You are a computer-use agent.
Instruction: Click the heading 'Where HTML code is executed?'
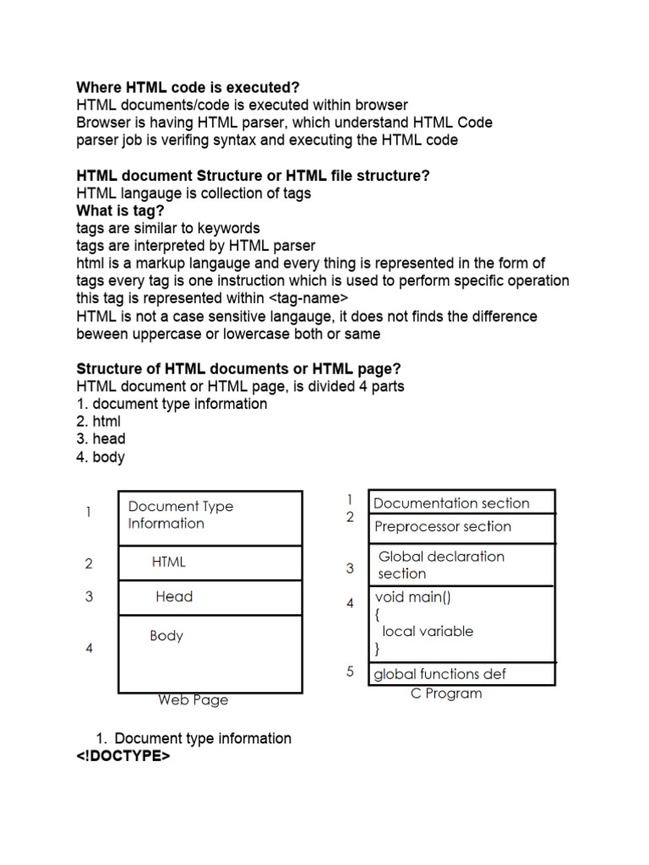[x=188, y=87]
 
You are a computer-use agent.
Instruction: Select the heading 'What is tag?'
[x=120, y=210]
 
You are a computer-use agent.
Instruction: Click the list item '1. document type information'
[x=172, y=404]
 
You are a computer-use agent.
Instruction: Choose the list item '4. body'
[x=101, y=457]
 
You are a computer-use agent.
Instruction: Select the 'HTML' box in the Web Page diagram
[x=210, y=562]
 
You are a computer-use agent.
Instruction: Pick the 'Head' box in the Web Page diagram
[x=210, y=596]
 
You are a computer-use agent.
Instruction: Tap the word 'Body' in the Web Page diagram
[x=166, y=635]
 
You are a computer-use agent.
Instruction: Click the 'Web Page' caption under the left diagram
[x=193, y=699]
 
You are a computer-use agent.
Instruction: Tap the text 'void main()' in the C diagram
[x=413, y=597]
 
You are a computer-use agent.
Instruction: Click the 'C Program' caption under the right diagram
[x=446, y=694]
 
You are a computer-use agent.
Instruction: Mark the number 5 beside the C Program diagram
[x=350, y=672]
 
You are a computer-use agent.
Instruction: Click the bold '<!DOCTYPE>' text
[x=123, y=756]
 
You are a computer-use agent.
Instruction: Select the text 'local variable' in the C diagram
[x=428, y=631]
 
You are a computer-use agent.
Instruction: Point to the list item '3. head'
[x=101, y=439]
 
